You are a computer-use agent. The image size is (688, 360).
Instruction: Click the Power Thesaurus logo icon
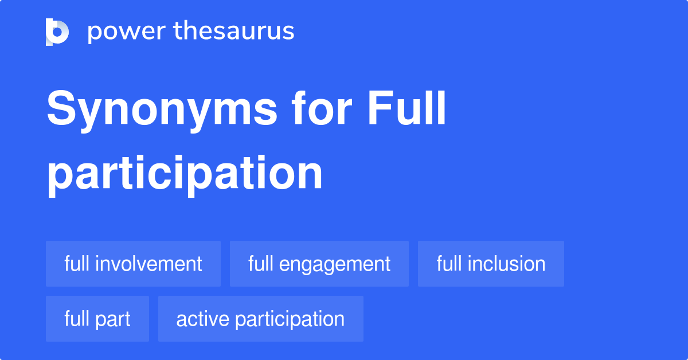[57, 32]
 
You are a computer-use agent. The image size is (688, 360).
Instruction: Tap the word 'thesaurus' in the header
[234, 32]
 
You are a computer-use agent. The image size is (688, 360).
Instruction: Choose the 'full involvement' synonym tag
[133, 264]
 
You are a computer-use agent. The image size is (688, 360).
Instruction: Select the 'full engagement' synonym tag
[319, 264]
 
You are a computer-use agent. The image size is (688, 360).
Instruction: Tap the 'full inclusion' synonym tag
[491, 264]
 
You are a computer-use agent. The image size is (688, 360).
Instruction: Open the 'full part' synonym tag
[97, 319]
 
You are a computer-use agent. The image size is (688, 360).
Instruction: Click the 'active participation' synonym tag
[260, 319]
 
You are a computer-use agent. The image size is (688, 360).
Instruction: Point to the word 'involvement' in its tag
[148, 264]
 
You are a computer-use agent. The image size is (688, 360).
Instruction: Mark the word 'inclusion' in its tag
[506, 264]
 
